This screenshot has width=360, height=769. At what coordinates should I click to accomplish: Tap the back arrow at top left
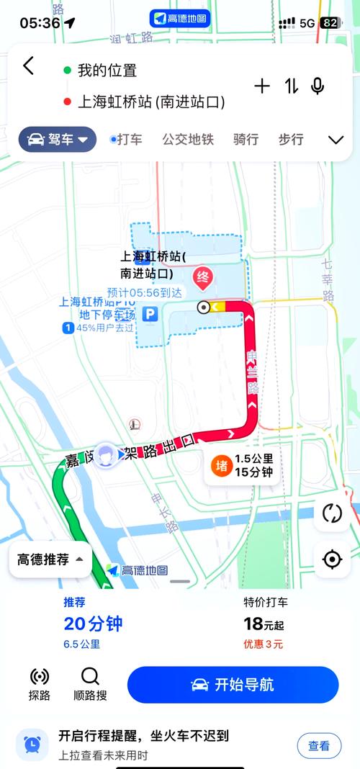[28, 66]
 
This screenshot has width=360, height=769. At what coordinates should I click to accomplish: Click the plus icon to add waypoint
[262, 86]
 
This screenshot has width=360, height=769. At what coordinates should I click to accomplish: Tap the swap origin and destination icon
[291, 86]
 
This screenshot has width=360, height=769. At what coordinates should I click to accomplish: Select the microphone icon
[318, 86]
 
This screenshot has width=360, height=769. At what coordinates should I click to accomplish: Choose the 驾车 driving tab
[58, 140]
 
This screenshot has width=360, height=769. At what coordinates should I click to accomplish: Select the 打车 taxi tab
[127, 140]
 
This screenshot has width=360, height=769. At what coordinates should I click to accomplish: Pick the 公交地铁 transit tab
[188, 140]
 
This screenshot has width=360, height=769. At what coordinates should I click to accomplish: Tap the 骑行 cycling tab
[246, 140]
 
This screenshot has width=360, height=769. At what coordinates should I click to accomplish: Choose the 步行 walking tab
[291, 140]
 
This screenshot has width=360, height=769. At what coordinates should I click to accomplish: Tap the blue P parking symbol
[150, 314]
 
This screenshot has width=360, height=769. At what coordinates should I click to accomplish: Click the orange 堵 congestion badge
[221, 466]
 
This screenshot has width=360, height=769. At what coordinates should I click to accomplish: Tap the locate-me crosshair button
[332, 559]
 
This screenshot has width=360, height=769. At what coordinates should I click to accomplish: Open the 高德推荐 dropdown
[50, 559]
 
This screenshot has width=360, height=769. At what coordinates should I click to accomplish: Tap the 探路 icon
[40, 683]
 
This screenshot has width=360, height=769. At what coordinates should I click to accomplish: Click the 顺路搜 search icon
[90, 683]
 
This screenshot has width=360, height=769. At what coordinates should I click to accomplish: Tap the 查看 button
[319, 746]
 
